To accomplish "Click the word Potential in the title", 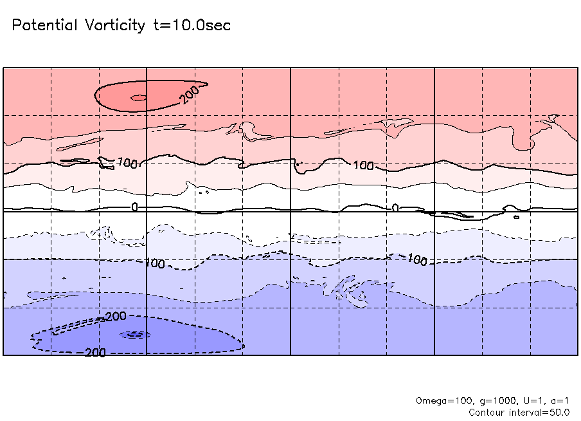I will click(x=44, y=26).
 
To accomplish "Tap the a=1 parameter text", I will click(x=557, y=400).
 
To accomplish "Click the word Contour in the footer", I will click(x=487, y=412).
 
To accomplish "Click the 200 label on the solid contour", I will click(x=190, y=95).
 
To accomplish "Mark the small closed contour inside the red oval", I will click(x=138, y=98).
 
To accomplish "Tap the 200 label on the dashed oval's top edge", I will click(x=116, y=317).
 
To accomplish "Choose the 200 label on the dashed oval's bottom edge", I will click(x=96, y=352).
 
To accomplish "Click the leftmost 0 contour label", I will click(x=134, y=207).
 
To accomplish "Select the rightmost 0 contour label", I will click(x=395, y=207).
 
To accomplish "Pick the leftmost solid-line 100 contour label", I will click(x=128, y=164).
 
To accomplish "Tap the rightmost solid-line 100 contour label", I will click(x=364, y=166).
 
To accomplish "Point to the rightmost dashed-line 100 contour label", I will click(x=417, y=260).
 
